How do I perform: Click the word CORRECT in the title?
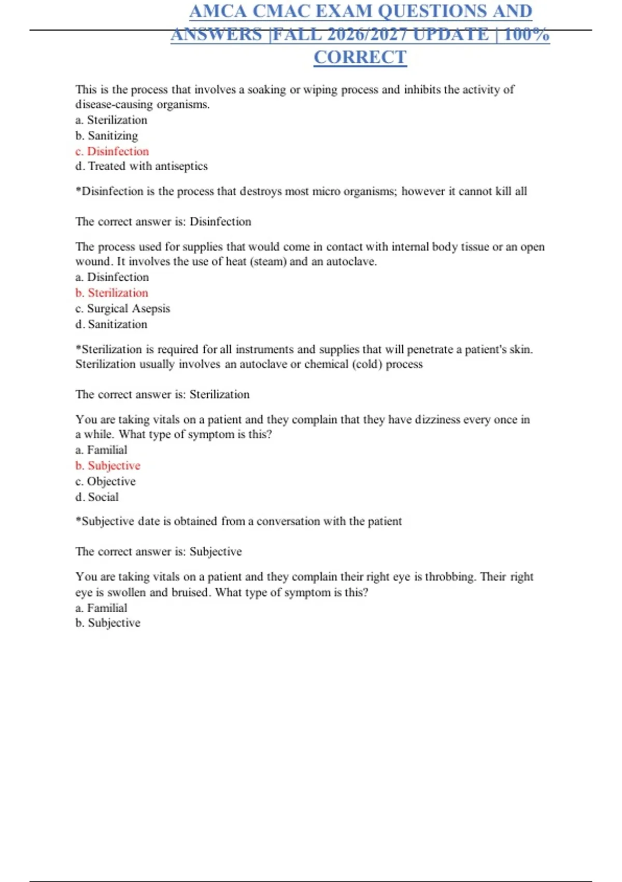pos(360,57)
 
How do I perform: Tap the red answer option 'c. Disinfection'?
pos(112,151)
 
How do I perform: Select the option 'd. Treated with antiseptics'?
pos(141,166)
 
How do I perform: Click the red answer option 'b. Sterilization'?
pos(111,293)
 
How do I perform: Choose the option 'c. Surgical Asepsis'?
pos(122,308)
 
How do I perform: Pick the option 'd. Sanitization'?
pos(111,324)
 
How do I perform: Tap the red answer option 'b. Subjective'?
pos(108,465)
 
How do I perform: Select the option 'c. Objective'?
pos(105,481)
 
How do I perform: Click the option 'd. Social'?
pos(97,497)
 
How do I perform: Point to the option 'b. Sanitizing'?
pos(106,135)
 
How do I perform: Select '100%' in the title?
pos(526,34)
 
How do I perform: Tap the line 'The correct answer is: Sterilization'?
pos(162,394)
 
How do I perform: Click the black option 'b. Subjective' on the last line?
pos(108,623)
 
